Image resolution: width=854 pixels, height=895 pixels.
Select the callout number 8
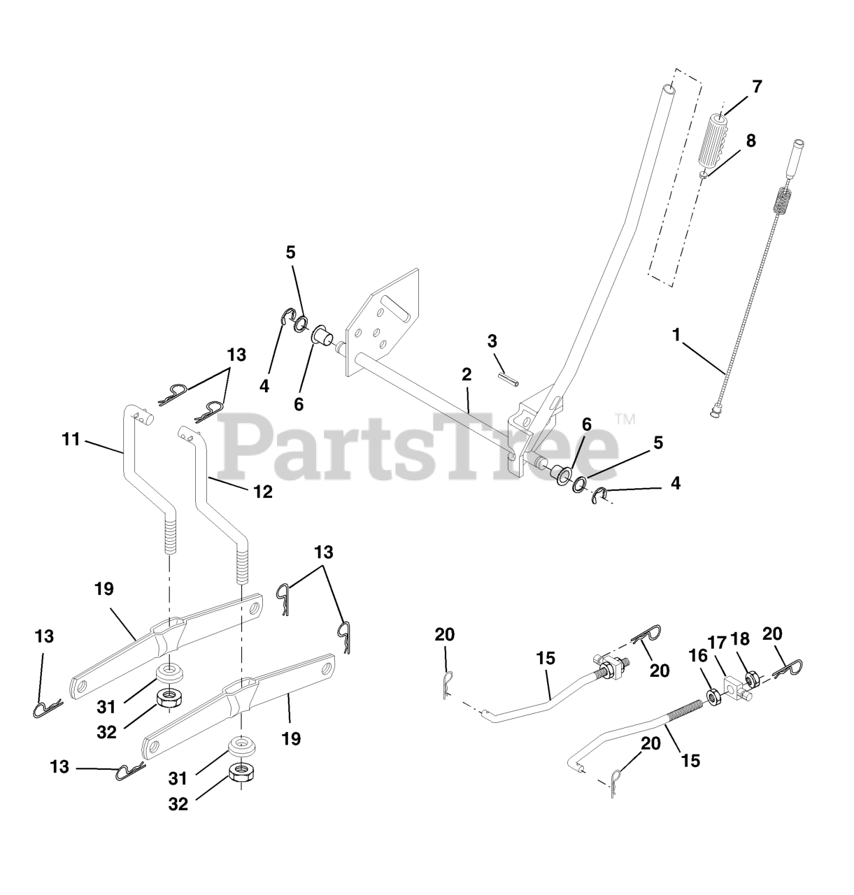tap(751, 141)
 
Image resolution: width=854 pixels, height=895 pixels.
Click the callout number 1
tap(676, 334)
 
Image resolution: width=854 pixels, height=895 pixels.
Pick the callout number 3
tap(492, 341)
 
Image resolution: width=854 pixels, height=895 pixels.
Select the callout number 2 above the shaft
tap(467, 374)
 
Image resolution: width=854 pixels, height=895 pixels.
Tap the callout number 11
tap(71, 440)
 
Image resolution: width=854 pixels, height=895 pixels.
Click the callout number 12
tap(263, 492)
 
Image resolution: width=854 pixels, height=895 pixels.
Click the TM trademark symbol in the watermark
tap(624, 419)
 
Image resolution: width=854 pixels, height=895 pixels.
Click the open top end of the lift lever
tap(670, 89)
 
